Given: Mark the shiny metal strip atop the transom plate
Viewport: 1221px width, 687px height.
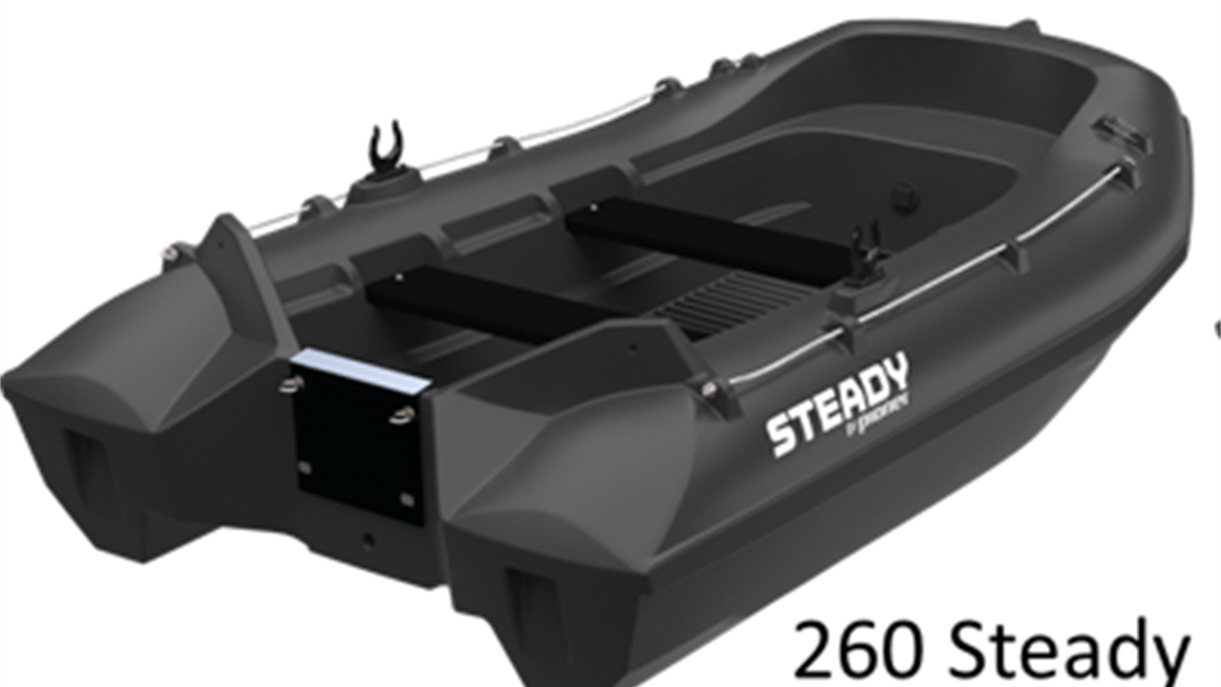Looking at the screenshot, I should pos(360,371).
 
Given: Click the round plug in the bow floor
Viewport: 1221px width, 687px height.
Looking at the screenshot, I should pos(904,198).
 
